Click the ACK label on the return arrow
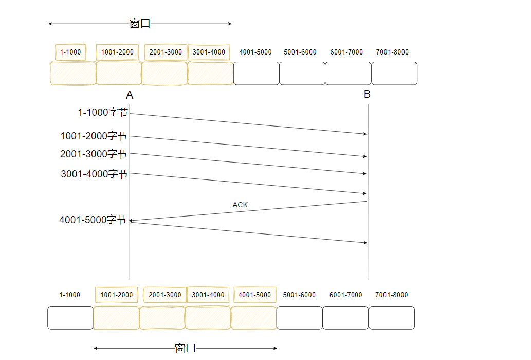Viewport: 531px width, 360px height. [240, 205]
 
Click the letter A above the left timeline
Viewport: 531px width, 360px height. [130, 95]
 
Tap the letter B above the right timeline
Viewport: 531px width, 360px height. [367, 94]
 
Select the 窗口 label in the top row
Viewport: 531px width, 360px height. [139, 24]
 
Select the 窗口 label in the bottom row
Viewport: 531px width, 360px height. [185, 348]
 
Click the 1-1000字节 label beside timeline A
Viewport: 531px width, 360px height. [102, 113]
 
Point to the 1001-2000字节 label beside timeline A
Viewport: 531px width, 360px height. [94, 136]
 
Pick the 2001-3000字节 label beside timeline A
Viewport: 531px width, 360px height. [94, 154]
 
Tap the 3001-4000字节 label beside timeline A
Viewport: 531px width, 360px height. [94, 174]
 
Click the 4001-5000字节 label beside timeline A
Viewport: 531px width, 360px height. [93, 220]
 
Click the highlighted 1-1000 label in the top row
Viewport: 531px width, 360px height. [70, 52]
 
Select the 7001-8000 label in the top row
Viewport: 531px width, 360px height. [392, 52]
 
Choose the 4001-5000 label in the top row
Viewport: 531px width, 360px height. [255, 52]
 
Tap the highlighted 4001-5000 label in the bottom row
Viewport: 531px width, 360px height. [254, 295]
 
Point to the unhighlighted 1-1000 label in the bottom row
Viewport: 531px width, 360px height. [69, 295]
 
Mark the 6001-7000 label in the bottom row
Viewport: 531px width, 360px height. [346, 295]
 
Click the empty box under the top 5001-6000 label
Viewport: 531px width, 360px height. [302, 74]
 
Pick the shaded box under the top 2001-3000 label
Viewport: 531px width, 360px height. [164, 74]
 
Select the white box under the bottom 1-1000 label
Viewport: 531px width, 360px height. [70, 318]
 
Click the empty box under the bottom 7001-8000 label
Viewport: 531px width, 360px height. [392, 318]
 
